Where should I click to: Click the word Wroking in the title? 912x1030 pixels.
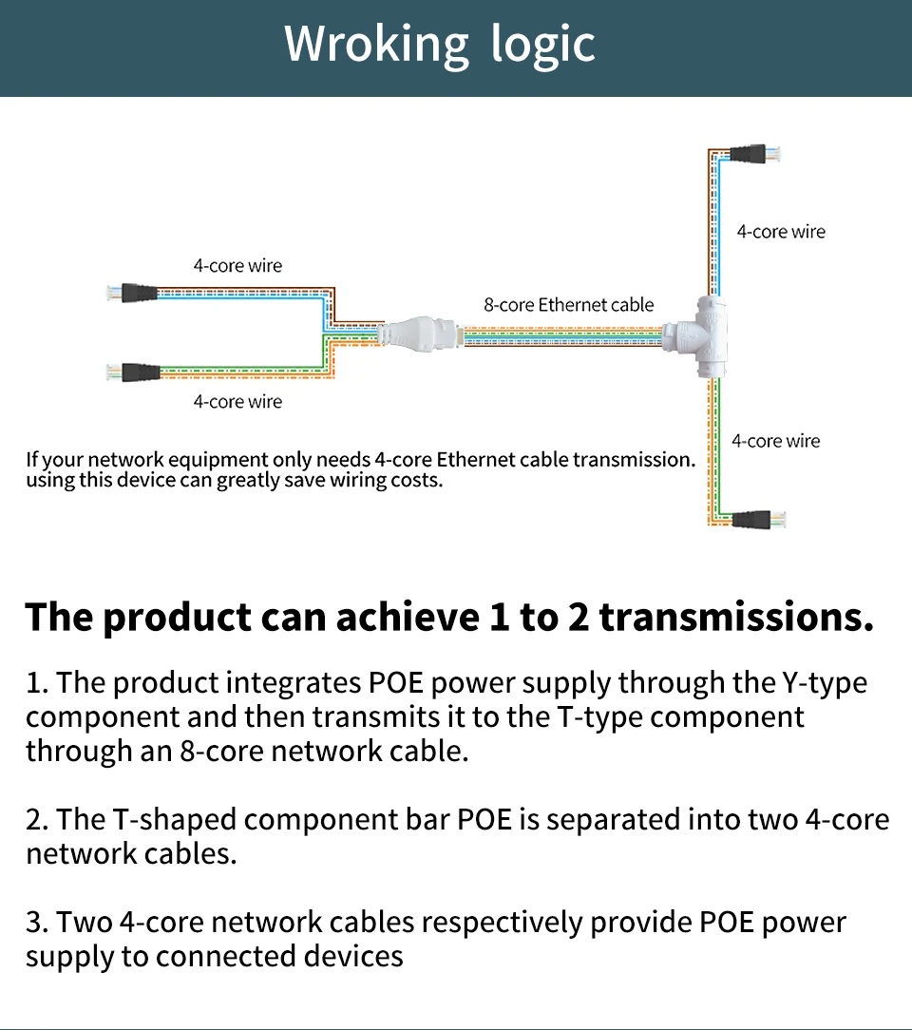pos(376,45)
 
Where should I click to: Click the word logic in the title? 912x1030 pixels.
pos(543,45)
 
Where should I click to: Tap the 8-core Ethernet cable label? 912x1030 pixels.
pos(569,305)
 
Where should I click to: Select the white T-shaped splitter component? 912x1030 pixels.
pos(698,336)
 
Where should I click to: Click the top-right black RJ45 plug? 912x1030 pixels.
pos(754,154)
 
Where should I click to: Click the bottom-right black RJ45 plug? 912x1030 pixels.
pos(758,519)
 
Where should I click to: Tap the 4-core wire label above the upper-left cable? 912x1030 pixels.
pos(237,266)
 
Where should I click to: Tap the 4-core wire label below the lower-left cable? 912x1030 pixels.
pos(237,401)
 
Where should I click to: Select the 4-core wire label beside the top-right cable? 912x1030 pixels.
pos(781,231)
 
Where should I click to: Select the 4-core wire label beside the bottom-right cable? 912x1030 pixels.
pos(775,441)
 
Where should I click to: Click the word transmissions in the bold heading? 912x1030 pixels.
pos(736,617)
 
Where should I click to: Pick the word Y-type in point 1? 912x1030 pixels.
pos(824,684)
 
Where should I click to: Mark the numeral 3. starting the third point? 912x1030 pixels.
pos(37,923)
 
